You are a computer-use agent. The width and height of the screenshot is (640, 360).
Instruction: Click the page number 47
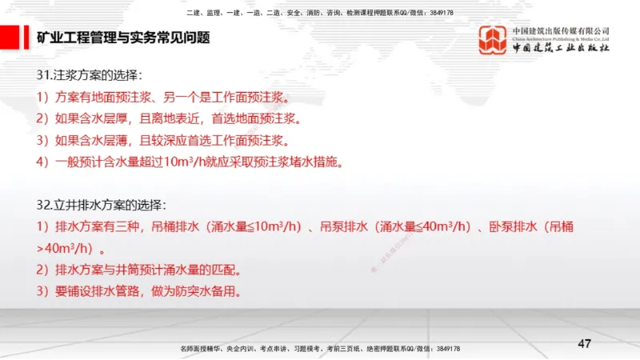click(x=584, y=343)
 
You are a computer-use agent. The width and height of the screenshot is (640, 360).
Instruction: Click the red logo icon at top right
click(x=492, y=40)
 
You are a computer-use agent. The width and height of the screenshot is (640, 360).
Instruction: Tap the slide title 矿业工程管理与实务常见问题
click(x=123, y=37)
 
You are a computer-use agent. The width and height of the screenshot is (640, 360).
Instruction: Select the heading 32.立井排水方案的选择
click(x=101, y=205)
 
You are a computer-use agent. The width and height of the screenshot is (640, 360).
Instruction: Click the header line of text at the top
click(x=319, y=13)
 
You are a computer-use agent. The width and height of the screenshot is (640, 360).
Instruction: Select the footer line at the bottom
click(x=319, y=349)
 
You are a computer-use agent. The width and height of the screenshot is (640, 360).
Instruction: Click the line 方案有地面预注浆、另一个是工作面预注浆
click(x=161, y=98)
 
